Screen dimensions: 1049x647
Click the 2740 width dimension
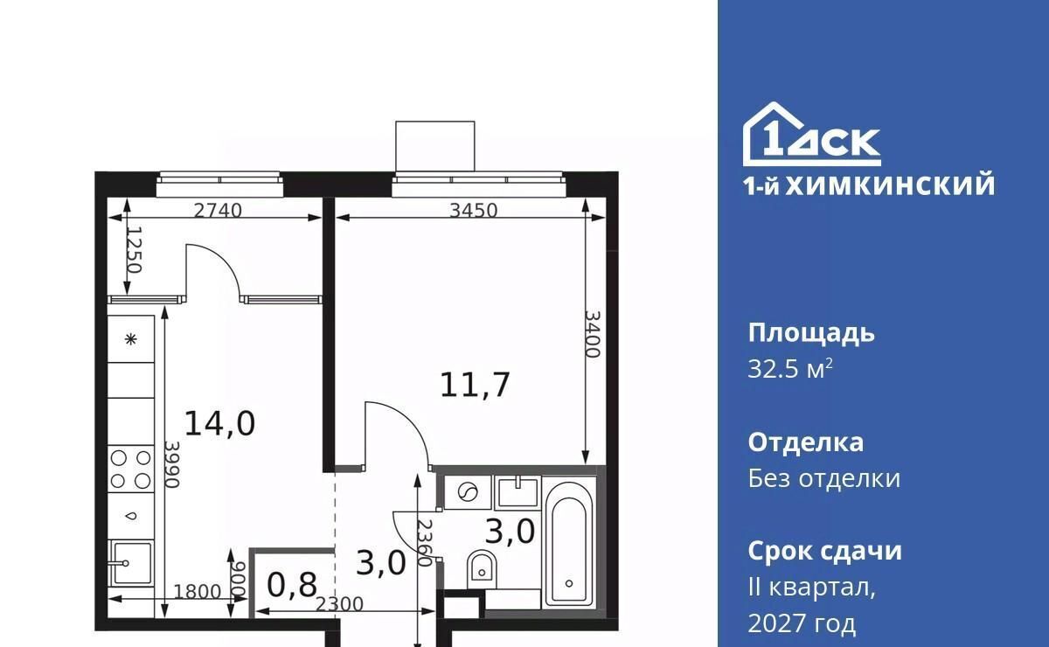(218, 211)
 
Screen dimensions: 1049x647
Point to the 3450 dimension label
(474, 211)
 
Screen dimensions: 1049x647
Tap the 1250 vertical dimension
(135, 250)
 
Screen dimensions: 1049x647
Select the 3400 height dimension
(593, 335)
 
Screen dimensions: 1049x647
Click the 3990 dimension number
(172, 465)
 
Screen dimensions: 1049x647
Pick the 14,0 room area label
(219, 423)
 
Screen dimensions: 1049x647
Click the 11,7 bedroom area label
(475, 385)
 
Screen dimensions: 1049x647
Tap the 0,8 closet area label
(292, 585)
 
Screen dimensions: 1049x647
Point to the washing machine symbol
(468, 492)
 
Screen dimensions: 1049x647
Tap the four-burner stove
(130, 469)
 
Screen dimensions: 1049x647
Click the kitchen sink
(130, 563)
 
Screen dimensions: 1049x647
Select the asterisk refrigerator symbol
(130, 338)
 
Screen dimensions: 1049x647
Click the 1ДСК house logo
(811, 134)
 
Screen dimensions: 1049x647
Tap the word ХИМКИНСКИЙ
(890, 185)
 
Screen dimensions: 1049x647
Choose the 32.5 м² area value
(790, 369)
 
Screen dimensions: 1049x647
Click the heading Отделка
(805, 442)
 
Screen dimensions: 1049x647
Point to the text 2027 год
(802, 623)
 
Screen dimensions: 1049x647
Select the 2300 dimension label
(339, 604)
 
